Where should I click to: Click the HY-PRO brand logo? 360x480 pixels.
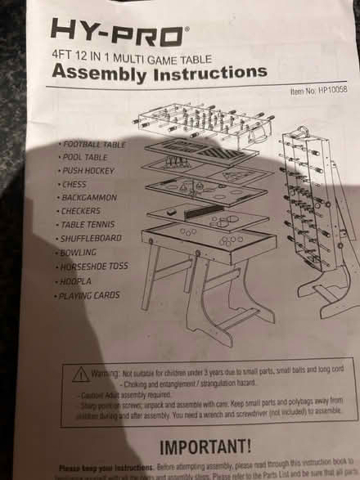click(119, 32)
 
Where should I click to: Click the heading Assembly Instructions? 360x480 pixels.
click(159, 72)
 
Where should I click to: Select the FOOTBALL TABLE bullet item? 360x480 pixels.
click(94, 144)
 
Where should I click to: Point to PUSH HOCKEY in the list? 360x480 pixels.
click(89, 171)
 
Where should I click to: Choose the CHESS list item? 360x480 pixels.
click(75, 184)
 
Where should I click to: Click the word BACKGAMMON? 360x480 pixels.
click(88, 197)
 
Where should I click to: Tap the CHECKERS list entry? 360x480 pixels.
click(80, 211)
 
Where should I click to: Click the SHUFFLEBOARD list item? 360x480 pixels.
click(91, 238)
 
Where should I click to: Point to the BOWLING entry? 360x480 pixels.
click(79, 252)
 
